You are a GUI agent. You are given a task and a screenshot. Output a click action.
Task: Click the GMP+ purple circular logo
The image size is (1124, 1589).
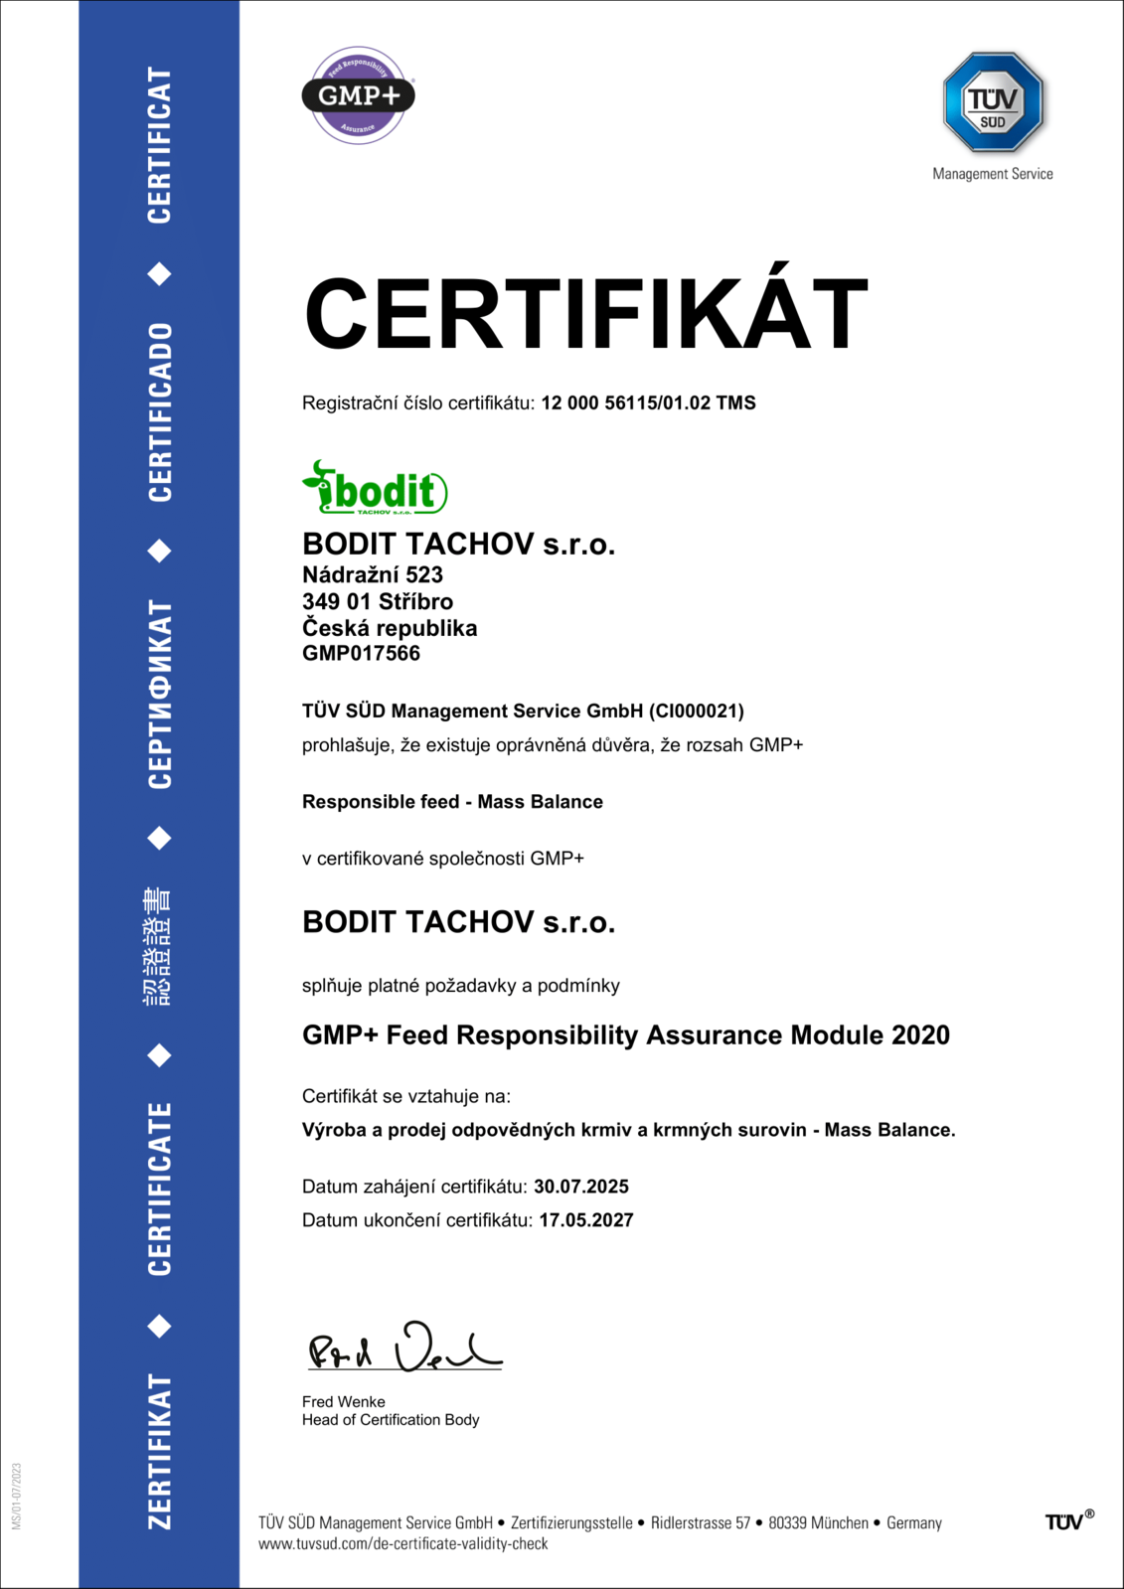tap(358, 95)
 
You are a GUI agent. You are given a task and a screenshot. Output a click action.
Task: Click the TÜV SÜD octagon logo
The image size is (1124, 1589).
tap(993, 102)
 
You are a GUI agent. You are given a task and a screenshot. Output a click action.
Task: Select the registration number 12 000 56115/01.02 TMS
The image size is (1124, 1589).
tap(648, 403)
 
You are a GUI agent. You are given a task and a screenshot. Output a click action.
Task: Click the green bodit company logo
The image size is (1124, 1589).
tap(375, 488)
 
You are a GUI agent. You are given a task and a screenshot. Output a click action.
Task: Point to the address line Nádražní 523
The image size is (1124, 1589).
tap(373, 575)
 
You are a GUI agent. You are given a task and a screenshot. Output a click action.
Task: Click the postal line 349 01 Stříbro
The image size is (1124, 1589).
tap(378, 602)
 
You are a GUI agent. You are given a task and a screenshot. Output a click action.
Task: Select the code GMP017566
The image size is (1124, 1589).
tap(361, 654)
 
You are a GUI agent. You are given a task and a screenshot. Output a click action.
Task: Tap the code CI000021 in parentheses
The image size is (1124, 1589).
tap(696, 712)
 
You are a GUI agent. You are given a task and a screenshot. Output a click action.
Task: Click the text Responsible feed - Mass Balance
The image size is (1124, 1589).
tap(452, 802)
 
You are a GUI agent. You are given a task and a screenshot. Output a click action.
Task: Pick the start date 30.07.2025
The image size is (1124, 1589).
tap(581, 1187)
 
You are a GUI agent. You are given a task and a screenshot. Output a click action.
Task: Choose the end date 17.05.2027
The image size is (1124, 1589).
tap(586, 1220)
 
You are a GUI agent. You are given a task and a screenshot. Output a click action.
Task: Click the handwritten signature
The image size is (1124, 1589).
tap(403, 1350)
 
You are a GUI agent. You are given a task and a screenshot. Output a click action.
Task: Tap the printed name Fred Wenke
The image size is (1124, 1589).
tap(343, 1402)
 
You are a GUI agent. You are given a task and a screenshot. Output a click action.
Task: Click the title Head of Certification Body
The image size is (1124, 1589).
tap(391, 1420)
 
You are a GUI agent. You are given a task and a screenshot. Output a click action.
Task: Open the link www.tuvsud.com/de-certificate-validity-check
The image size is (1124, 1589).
tap(402, 1544)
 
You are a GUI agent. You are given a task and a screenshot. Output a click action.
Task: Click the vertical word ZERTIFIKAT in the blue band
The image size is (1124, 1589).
tap(160, 1451)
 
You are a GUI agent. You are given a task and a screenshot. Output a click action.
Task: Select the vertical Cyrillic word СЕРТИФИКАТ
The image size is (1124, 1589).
tap(160, 694)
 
